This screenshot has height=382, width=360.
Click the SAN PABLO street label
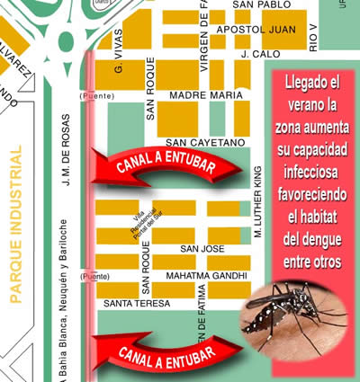(261, 5)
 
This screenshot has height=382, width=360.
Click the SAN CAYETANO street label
(204, 143)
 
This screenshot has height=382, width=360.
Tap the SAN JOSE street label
(202, 248)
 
